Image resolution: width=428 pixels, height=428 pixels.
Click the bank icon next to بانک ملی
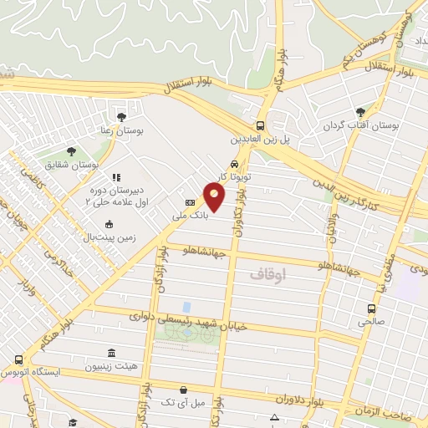click(190, 202)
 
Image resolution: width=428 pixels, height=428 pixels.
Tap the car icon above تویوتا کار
click(235, 164)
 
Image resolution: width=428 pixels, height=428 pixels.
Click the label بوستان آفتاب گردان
click(363, 125)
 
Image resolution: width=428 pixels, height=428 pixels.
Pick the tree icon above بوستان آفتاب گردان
click(360, 112)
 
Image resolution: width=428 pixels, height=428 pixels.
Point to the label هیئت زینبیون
click(112, 366)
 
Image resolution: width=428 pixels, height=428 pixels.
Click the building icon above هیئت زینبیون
click(112, 353)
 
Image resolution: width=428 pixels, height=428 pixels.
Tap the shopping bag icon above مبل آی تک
click(183, 390)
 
